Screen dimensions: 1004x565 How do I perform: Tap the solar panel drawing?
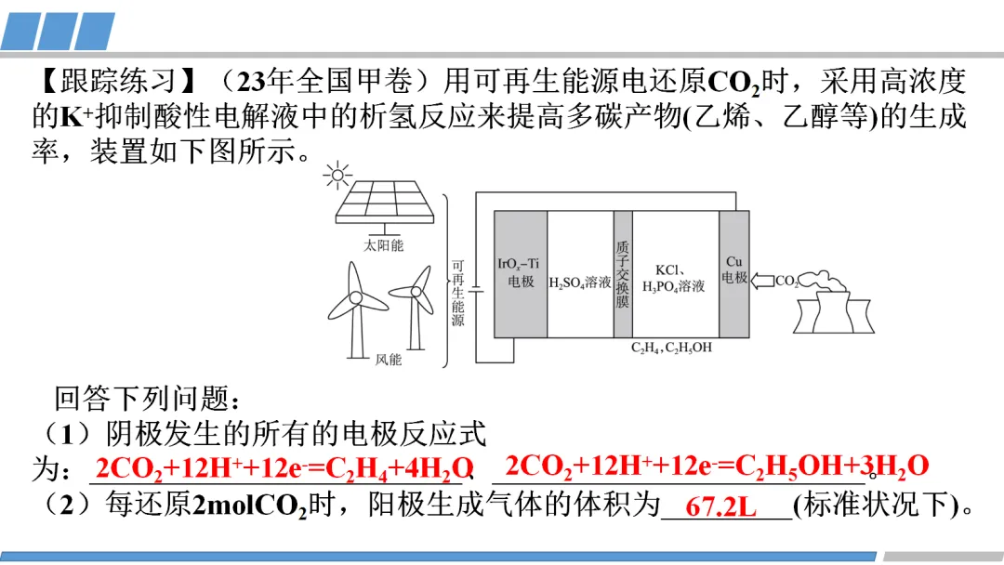pos(383,204)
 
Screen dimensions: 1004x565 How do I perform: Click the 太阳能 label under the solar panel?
pos(384,245)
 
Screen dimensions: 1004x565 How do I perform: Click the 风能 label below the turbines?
pos(388,360)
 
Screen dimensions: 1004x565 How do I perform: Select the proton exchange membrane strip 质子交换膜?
pos(623,273)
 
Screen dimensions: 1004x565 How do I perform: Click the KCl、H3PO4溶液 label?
pos(674,278)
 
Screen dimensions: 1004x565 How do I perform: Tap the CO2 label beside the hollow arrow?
pos(786,281)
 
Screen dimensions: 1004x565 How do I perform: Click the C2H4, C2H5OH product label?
pos(671,348)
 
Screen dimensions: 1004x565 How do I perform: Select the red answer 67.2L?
pos(720,508)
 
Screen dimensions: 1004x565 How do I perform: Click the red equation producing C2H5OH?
pos(716,466)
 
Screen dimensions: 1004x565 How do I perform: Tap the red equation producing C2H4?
pos(284,468)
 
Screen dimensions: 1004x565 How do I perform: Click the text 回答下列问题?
pos(148,400)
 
